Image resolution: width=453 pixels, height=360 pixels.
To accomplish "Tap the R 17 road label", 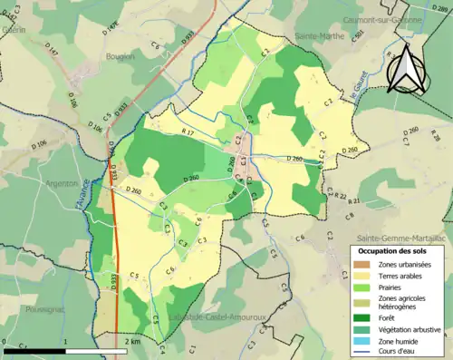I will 188,133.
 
